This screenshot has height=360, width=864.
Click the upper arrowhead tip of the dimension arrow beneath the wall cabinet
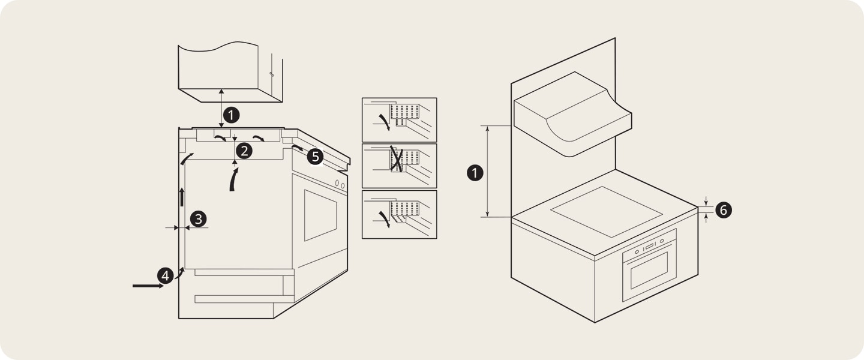point(221,89)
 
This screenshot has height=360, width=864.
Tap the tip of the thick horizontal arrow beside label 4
point(164,286)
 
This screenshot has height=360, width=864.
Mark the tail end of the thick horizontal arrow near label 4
point(133,286)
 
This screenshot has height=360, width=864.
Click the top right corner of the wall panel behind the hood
point(615,38)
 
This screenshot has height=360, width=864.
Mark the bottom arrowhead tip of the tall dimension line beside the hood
point(488,217)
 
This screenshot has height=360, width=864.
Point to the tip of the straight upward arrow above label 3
point(182,188)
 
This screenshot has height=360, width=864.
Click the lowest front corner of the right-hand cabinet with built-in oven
point(595,322)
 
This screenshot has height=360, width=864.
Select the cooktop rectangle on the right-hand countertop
point(607,211)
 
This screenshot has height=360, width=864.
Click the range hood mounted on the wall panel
point(573,114)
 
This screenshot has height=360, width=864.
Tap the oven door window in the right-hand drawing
point(649,270)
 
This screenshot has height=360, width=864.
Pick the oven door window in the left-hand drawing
point(320,215)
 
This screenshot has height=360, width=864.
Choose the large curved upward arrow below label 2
point(233,179)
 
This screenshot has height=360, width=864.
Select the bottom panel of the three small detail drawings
point(399,215)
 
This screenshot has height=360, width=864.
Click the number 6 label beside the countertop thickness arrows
point(723,210)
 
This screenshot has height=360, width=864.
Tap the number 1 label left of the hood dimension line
point(475,172)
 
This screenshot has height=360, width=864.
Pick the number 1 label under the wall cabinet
point(232,115)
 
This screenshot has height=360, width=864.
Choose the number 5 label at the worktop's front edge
point(315,157)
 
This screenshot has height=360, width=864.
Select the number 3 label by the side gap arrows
point(198,219)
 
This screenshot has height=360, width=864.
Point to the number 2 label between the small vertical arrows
point(244,151)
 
